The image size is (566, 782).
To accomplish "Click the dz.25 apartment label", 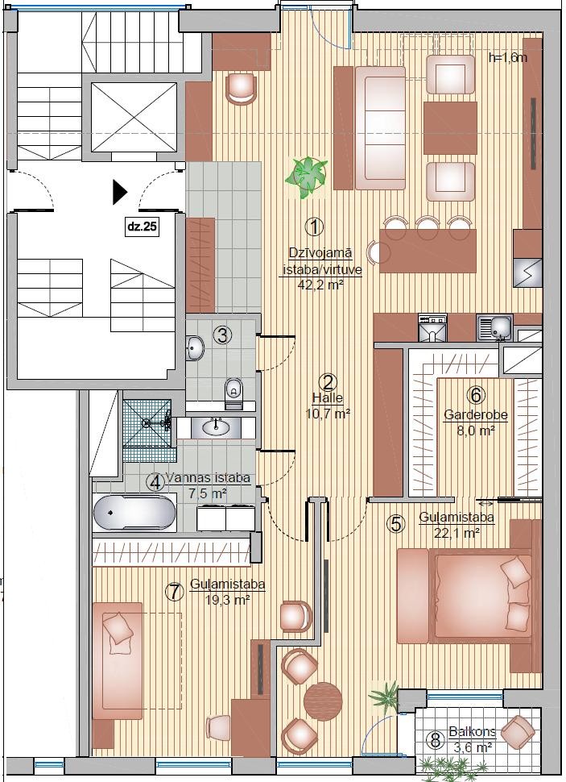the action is (x=143, y=227).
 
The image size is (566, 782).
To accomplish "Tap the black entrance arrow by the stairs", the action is (x=120, y=192).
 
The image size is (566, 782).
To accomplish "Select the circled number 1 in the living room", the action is (x=314, y=227).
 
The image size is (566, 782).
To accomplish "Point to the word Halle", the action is (x=328, y=398).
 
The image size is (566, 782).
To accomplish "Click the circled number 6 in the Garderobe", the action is (x=476, y=395).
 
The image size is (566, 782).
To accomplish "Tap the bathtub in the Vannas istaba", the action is (x=134, y=513).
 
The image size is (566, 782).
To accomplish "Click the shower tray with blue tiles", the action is (x=147, y=423).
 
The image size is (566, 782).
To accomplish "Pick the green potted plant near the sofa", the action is (x=307, y=177).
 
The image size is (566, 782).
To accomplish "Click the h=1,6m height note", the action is (x=508, y=57).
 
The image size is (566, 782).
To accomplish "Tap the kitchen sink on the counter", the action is (x=494, y=327).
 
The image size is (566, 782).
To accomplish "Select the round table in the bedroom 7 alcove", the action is (x=323, y=699).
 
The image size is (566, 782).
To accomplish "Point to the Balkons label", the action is (x=471, y=732).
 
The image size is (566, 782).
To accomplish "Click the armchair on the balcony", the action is (x=518, y=733).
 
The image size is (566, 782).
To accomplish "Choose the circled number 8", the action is (x=436, y=740).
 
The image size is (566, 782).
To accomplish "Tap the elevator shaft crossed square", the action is (x=134, y=117).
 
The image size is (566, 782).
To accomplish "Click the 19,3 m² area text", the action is (x=228, y=599).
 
